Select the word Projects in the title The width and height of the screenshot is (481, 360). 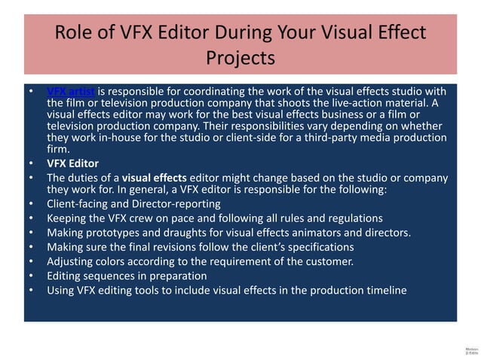(x=240, y=58)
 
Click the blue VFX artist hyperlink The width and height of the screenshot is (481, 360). (x=71, y=91)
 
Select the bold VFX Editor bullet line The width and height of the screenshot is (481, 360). (x=72, y=163)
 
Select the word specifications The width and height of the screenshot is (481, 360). (x=317, y=246)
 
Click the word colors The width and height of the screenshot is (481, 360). (x=112, y=261)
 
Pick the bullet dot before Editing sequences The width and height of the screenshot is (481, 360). (x=29, y=276)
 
